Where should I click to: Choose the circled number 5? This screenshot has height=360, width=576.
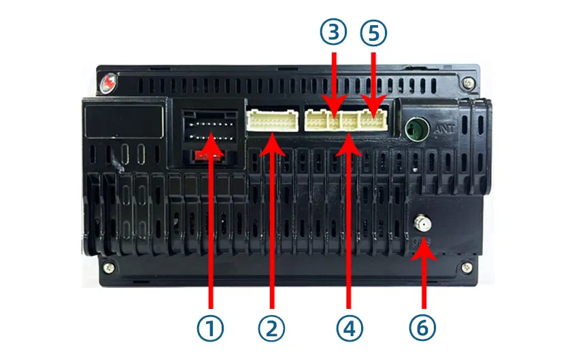pos(372,31)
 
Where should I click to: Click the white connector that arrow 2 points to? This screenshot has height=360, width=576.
pos(273,121)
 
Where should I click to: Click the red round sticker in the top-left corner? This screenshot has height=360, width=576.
pos(106,82)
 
